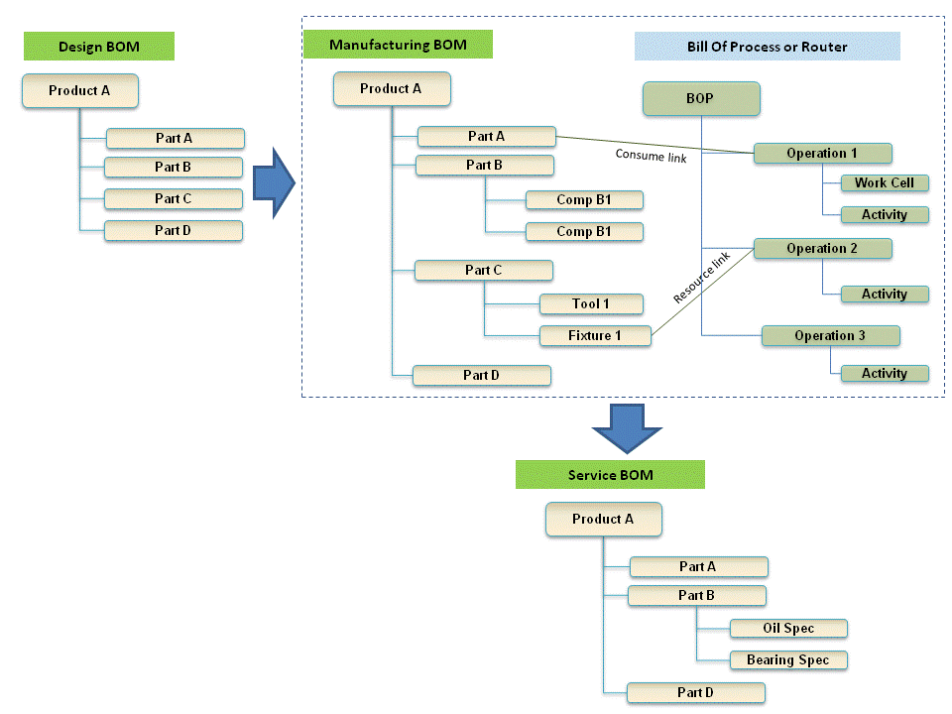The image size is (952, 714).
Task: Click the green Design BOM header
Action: point(99,47)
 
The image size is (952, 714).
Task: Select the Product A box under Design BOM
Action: point(79,91)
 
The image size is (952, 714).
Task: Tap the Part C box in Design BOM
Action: point(174,199)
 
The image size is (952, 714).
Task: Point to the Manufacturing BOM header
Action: point(398,46)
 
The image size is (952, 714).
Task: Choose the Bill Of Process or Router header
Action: point(767,47)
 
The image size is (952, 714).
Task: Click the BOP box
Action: point(700,99)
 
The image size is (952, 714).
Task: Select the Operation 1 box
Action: point(822,154)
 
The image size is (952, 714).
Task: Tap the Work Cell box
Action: point(885,183)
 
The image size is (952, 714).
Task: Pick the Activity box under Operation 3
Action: point(885,374)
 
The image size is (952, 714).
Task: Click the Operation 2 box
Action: point(822,249)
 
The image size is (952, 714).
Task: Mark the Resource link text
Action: point(701,279)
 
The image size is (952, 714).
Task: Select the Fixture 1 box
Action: point(595,336)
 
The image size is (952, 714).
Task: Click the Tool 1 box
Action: point(591,304)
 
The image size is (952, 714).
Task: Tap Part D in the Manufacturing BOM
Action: point(482,376)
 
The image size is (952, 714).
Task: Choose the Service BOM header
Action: point(610,475)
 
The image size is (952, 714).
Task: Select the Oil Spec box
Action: point(788,629)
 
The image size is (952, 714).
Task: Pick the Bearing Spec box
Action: point(788,660)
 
